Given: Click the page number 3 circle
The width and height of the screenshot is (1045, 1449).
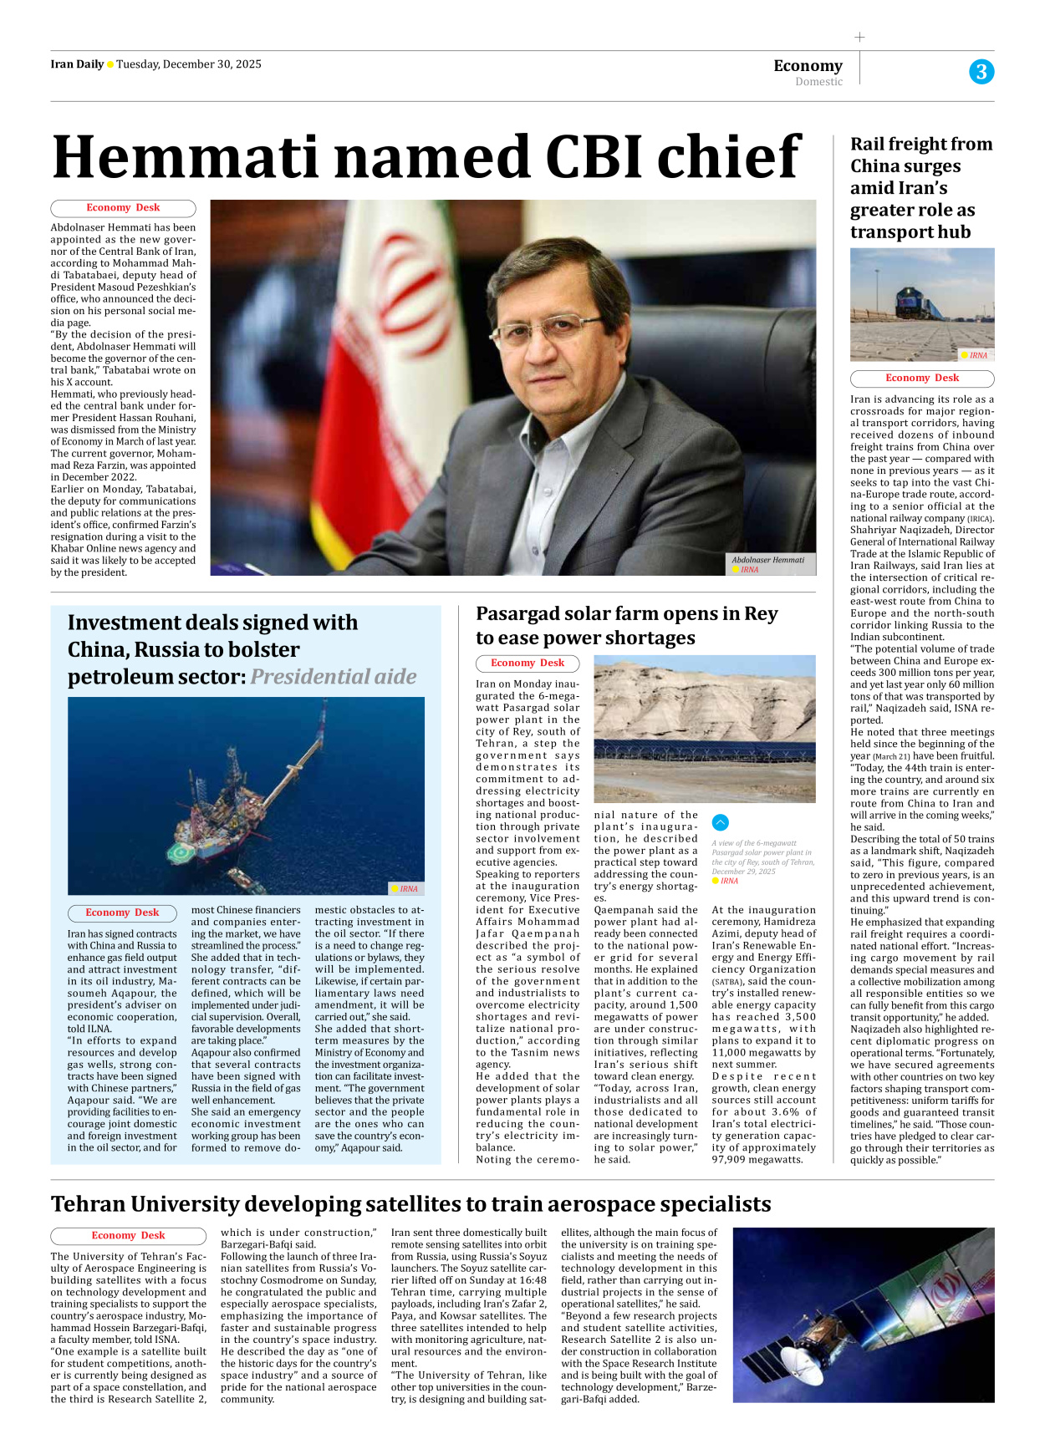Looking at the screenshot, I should tap(981, 72).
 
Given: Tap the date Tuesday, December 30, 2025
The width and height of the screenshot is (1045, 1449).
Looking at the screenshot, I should tap(189, 64).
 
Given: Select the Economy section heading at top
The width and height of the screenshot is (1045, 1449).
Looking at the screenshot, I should tap(808, 65).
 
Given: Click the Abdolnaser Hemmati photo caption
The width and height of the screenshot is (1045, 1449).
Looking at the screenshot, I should tap(767, 560).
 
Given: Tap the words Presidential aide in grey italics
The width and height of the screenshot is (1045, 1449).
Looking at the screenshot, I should tap(333, 676).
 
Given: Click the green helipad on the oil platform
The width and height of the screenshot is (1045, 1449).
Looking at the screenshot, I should tap(181, 853).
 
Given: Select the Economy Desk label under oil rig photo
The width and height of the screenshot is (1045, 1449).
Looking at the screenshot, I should tap(122, 913).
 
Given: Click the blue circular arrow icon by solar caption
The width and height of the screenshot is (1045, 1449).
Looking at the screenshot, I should tap(721, 822).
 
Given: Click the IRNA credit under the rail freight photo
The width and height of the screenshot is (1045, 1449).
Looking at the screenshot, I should tap(977, 355).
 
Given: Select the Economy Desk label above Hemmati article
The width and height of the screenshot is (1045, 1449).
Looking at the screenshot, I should tap(123, 208).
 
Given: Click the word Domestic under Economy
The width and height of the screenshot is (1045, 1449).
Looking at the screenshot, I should tap(818, 82).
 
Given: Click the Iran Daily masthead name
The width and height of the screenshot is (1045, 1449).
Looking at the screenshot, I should tap(77, 64).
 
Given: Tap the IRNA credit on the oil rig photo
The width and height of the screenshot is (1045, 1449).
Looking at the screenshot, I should tap(408, 888).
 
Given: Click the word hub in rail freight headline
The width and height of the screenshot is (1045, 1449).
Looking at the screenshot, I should tap(953, 232).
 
